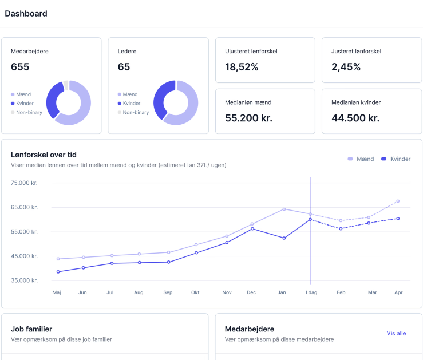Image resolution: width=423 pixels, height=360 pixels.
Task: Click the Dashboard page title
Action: [26, 13]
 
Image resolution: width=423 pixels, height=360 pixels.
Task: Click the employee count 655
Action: [20, 67]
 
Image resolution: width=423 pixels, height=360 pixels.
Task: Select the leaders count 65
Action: [124, 67]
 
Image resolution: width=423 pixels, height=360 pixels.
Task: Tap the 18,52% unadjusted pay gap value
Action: [242, 67]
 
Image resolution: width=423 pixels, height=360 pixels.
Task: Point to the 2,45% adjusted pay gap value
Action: [346, 67]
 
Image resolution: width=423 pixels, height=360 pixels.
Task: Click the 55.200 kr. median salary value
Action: [248, 118]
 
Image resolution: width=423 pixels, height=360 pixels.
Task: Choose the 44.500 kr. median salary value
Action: [355, 118]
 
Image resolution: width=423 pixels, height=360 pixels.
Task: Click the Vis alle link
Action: [396, 333]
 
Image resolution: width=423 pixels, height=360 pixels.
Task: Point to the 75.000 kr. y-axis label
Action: [24, 183]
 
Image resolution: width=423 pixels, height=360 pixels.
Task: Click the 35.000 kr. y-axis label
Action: [24, 280]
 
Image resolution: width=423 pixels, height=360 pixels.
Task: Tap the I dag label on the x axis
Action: [310, 292]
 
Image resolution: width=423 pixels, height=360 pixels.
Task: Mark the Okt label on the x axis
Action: [196, 292]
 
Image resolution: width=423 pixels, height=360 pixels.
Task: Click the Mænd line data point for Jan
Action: [283, 209]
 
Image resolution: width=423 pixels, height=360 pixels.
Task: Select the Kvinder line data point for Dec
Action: [252, 229]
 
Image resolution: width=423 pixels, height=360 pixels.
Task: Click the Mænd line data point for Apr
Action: [398, 201]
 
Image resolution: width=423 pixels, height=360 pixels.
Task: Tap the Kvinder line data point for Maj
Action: [58, 272]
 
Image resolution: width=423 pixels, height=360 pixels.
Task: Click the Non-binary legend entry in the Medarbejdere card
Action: [29, 112]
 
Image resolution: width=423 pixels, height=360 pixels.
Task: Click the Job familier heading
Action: [31, 329]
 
